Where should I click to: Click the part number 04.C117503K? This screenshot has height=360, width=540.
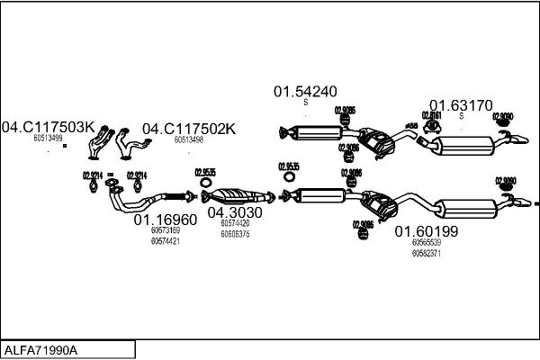[48, 127]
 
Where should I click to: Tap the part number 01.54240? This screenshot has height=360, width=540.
[305, 91]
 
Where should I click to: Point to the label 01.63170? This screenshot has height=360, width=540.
[460, 104]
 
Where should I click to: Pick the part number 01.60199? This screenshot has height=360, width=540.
[427, 231]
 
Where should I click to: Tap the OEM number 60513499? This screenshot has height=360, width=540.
[48, 139]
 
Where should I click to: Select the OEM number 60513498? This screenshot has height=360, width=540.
[188, 139]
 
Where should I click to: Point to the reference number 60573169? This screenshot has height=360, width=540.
[165, 231]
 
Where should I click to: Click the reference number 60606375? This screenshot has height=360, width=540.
[235, 234]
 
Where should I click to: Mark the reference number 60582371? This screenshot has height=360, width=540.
[427, 254]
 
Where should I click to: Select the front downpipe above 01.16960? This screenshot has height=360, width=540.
[148, 199]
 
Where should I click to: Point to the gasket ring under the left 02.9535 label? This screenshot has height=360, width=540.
[204, 195]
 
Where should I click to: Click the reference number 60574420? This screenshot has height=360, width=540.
[235, 223]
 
